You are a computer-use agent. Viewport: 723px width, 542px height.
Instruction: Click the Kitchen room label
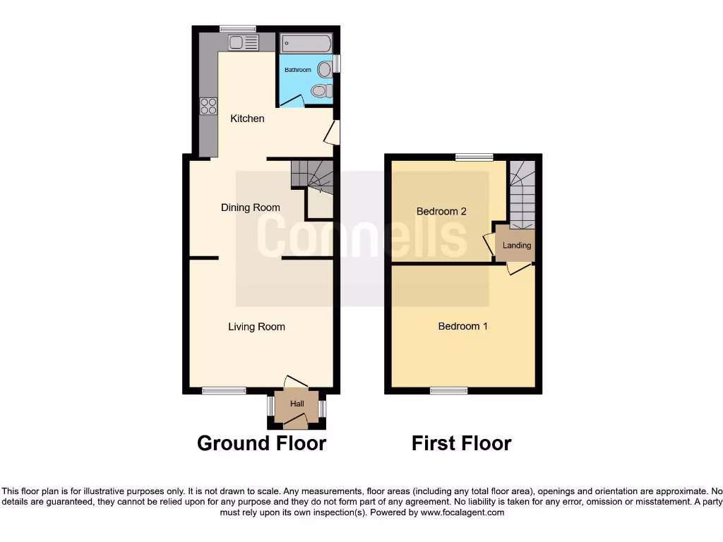[247, 119]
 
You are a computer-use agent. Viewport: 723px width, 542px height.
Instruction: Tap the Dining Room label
[251, 207]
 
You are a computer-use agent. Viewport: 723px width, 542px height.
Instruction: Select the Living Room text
[256, 327]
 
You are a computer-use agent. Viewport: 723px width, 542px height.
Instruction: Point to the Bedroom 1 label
[463, 326]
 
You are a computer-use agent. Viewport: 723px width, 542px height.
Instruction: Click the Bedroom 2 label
[441, 211]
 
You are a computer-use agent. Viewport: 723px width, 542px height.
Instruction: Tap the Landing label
[517, 246]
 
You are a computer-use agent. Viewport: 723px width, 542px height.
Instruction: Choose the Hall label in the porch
[297, 404]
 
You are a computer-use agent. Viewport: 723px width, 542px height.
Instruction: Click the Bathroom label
[298, 70]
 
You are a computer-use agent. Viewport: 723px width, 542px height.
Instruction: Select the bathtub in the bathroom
[306, 44]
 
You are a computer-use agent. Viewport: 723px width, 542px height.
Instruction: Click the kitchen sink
[244, 43]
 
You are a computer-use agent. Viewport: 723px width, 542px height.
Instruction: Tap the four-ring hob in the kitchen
[208, 106]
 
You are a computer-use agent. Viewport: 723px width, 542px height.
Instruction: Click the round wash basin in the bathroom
[325, 69]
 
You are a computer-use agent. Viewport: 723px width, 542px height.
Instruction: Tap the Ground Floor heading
[261, 443]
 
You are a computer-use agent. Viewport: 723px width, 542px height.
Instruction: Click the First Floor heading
[462, 443]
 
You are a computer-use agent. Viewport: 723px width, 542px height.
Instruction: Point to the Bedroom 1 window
[449, 390]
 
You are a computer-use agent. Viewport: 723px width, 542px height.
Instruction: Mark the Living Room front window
[224, 390]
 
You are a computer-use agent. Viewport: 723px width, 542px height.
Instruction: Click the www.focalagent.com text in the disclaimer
[462, 512]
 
